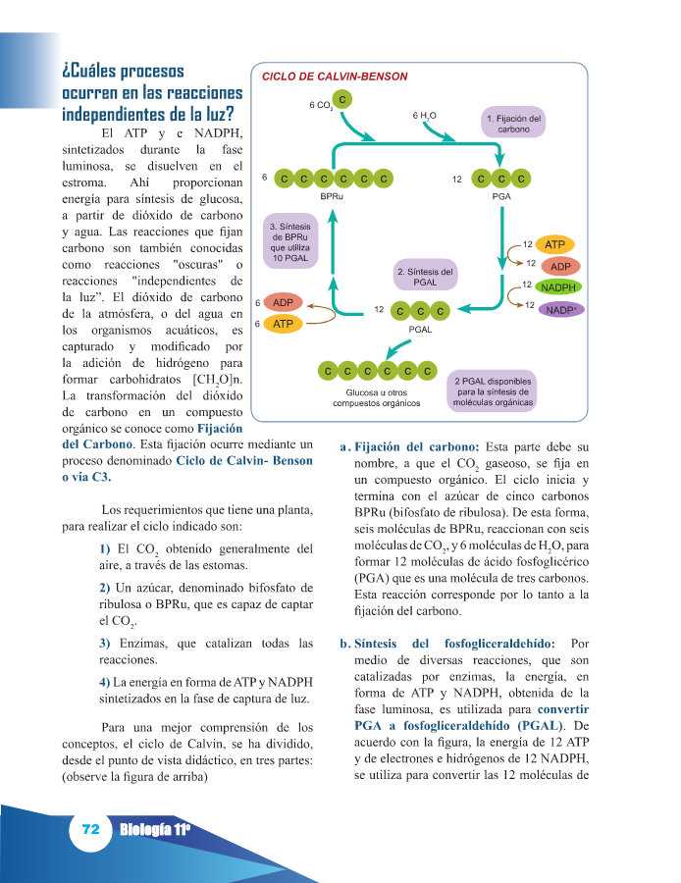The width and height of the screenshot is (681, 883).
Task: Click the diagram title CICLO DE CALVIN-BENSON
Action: pos(335,77)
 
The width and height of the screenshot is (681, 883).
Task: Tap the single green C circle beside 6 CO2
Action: pos(341,99)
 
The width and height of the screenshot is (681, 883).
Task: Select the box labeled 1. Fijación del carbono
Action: pos(513,124)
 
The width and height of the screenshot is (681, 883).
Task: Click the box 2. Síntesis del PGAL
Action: pos(425,276)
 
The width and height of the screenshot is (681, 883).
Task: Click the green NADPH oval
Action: pos(558,287)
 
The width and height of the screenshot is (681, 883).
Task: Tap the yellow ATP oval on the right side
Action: pos(554,244)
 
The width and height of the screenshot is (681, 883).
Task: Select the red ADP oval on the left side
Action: pos(284,302)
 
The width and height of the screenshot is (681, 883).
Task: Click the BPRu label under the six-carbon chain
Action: pos(332,196)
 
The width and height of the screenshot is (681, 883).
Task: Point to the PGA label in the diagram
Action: pos(500,196)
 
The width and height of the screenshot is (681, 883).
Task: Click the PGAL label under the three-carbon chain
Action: pos(419,330)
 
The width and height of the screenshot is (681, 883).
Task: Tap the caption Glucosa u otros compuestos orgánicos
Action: pos(376,396)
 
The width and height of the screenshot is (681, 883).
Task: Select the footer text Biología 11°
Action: pos(154,830)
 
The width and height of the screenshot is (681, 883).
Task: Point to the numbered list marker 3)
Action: pos(105,644)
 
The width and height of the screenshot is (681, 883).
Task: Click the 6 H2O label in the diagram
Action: pos(424,116)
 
